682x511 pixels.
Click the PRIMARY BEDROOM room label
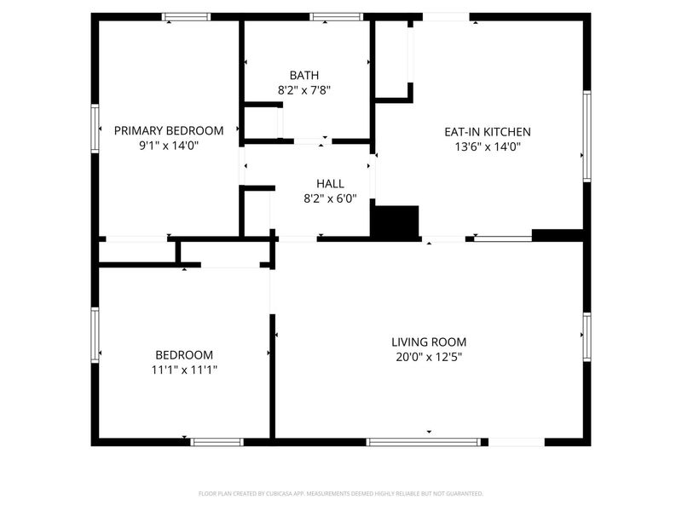169,130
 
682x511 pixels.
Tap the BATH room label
303,75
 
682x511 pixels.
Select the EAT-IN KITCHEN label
488,132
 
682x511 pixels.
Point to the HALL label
330,183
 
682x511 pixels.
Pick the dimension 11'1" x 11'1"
184,370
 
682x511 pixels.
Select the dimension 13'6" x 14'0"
488,146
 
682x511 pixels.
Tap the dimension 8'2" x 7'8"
303,89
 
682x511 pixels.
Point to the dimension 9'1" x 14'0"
169,146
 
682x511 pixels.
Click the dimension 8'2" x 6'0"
330,198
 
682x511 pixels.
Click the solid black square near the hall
396,222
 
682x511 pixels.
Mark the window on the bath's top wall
336,16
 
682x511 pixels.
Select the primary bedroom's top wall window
187,16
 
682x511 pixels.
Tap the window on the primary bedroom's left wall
95,128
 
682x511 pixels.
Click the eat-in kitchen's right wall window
587,136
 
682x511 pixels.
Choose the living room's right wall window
587,336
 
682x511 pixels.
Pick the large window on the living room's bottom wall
423,442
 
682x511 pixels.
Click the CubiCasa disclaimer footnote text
341,493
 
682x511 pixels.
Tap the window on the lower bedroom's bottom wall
217,442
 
